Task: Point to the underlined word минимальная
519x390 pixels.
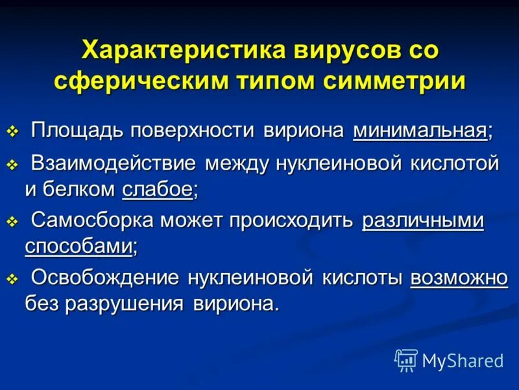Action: point(420,130)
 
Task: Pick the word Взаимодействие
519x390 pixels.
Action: point(114,164)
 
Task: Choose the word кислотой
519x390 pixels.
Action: point(455,164)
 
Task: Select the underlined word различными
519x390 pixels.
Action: point(423,221)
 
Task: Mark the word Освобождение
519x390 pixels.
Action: point(106,278)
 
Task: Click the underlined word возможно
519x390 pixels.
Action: point(459,278)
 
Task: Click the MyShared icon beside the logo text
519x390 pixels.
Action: point(406,359)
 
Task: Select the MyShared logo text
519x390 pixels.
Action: point(463,360)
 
